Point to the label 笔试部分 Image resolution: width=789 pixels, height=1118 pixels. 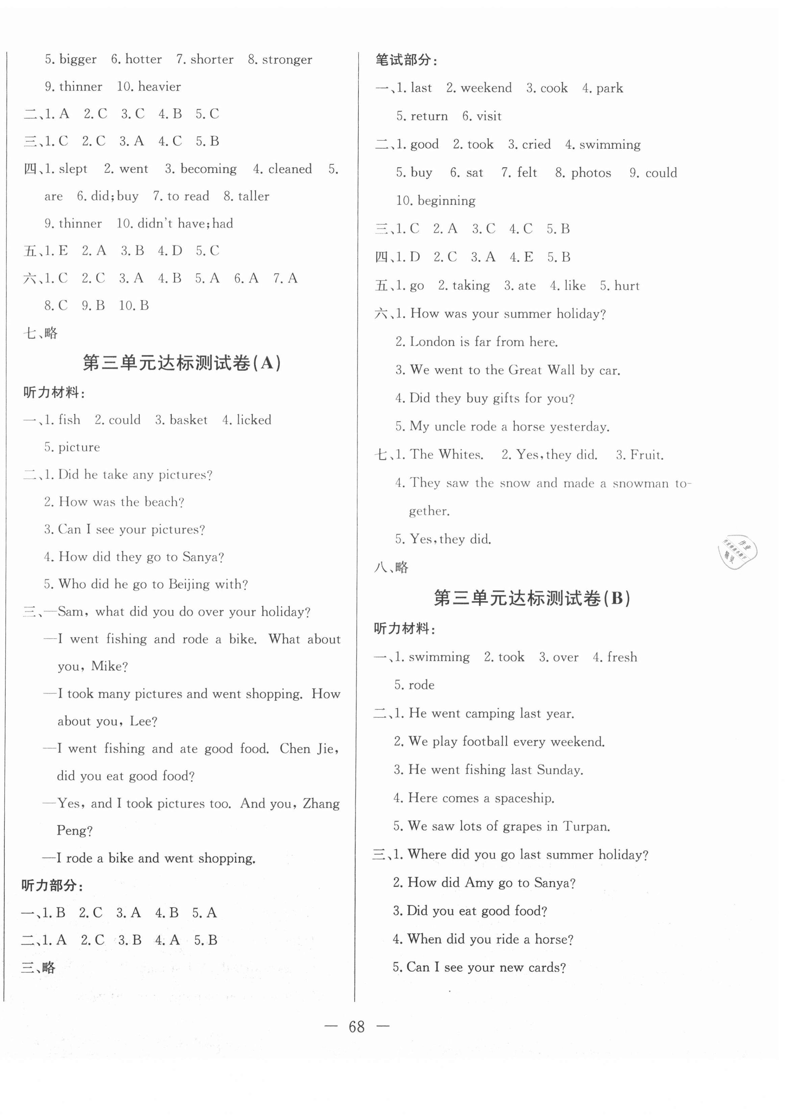[x=406, y=61]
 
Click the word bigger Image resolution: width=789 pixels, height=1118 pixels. [x=78, y=60]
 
